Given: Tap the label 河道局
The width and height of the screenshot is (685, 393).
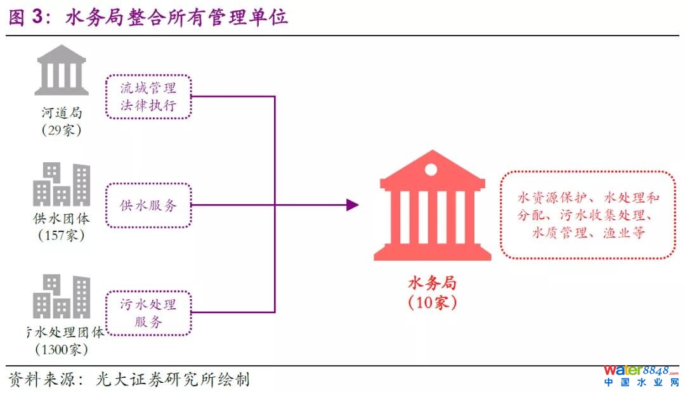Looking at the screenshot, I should [x=62, y=113].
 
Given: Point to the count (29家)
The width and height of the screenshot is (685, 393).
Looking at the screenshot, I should [x=62, y=131].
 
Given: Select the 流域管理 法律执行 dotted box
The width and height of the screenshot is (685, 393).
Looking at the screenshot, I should [x=148, y=97].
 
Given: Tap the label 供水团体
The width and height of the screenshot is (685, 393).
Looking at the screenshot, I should [x=62, y=219].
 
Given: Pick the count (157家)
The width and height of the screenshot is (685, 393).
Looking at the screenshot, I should [x=62, y=236].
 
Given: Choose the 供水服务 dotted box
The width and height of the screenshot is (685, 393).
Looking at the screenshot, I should [x=148, y=205].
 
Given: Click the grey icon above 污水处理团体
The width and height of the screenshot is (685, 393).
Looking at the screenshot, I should [x=62, y=296].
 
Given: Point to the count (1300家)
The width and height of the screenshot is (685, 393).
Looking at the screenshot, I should [x=62, y=349].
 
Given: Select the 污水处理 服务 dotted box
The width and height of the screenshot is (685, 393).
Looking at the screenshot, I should [x=148, y=312].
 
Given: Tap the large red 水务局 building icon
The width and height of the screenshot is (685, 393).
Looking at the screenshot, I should [x=432, y=206].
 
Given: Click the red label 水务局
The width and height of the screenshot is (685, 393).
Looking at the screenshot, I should [x=432, y=282].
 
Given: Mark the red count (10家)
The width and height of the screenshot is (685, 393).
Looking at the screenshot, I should [x=432, y=302].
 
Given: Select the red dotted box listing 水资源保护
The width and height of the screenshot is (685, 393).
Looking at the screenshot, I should [x=588, y=215].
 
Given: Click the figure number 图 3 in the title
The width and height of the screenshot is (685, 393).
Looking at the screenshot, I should [x=28, y=17].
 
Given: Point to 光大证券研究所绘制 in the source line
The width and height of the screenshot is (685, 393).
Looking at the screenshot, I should [x=173, y=380].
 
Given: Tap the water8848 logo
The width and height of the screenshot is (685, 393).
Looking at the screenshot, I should [x=641, y=375].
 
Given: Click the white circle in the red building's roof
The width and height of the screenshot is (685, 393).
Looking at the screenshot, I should [x=431, y=169].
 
